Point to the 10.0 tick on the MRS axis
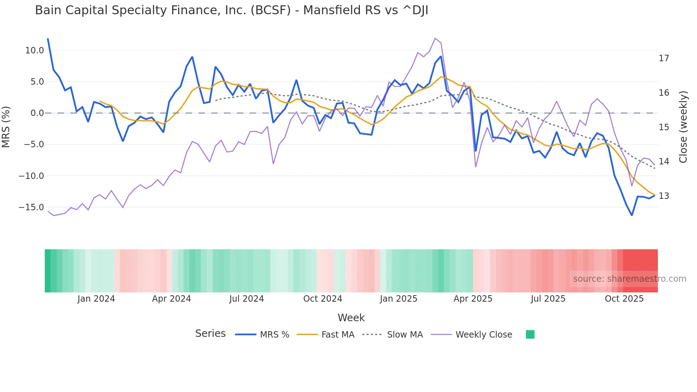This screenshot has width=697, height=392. [x=34, y=51]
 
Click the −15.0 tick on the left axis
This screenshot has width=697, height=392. [x=31, y=207]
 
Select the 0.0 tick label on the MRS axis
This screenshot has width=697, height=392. [x=37, y=113]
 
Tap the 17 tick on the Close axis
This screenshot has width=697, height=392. [x=664, y=58]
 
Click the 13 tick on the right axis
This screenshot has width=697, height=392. [x=664, y=196]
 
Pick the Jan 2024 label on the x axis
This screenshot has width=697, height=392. [x=96, y=299]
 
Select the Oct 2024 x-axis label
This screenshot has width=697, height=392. [x=323, y=299]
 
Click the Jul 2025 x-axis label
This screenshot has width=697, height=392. [x=548, y=299]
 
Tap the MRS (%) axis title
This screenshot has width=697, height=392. [x=6, y=127]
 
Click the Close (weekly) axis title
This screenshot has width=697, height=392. [x=683, y=127]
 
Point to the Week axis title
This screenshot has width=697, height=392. [x=351, y=318]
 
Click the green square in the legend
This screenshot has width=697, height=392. [x=530, y=334]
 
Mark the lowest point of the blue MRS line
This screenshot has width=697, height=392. [x=632, y=215]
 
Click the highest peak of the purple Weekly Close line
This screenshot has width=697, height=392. [x=435, y=38]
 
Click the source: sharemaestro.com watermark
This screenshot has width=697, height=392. [x=629, y=279]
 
